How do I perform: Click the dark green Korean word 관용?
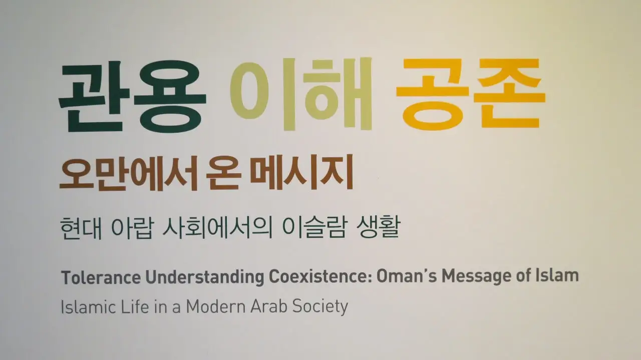point(132,97)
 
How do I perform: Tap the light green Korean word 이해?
point(301,94)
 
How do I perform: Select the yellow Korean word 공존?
point(471,94)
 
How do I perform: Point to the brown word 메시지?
point(301,173)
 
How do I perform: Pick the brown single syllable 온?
point(223,174)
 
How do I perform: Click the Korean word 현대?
point(81,228)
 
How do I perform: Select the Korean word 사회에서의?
point(217,228)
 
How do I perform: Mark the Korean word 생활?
point(378,228)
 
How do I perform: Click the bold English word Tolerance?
point(101,277)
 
